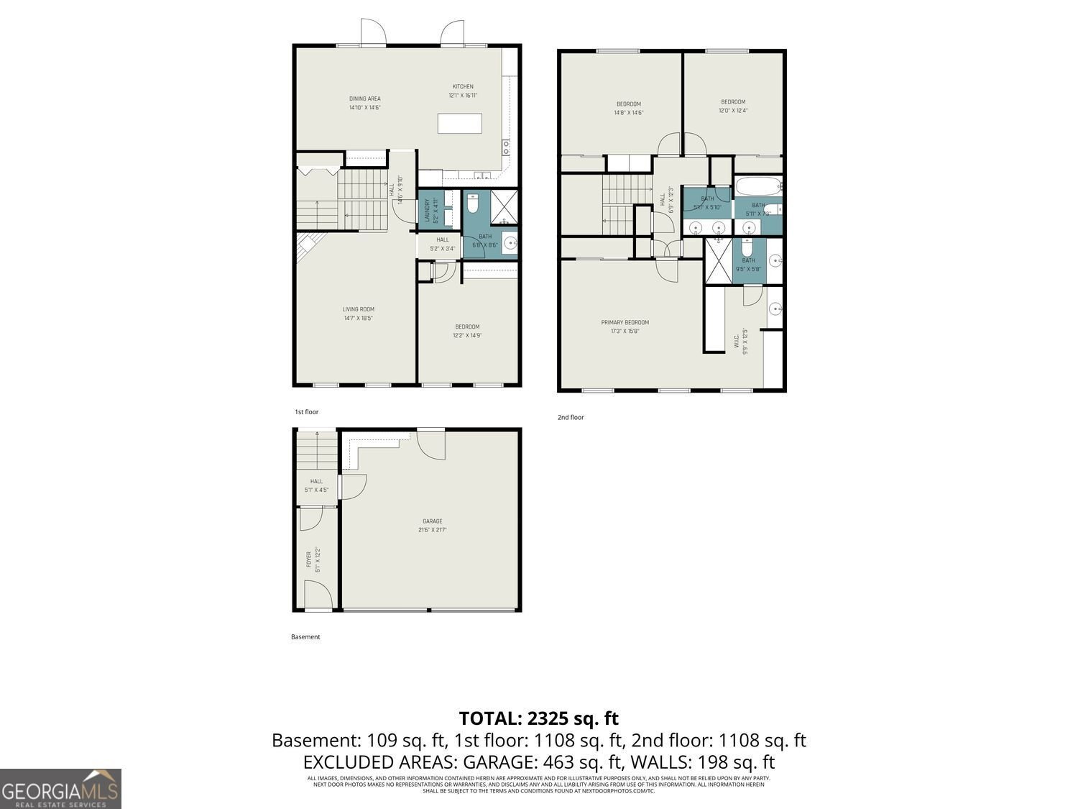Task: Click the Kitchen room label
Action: pos(463,86)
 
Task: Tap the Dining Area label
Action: pos(364,99)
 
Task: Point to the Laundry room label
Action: pos(426,210)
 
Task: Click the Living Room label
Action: pos(358,309)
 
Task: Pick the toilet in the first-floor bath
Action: pos(473,204)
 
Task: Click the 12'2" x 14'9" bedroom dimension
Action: pos(466,335)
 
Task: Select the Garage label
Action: pos(432,521)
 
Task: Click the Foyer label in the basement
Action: pos(309,559)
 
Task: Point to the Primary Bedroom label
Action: pos(625,322)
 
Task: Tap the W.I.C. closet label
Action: pos(737,339)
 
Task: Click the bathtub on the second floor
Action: pos(758,187)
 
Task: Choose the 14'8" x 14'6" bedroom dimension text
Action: pos(628,112)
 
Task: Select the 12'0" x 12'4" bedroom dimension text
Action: pos(733,111)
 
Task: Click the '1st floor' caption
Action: pos(306,412)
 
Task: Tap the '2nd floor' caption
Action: pos(571,417)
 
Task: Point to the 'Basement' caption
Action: pos(305,636)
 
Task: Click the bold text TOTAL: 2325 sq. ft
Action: pos(538,718)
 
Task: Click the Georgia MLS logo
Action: pos(60,789)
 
